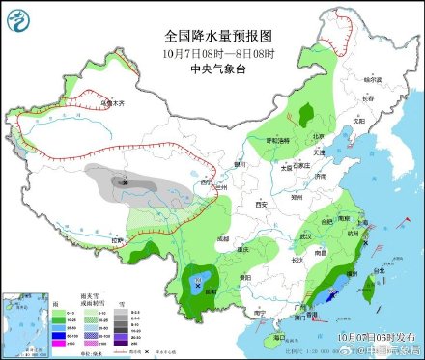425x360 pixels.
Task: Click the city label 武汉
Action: pyautogui.click(x=306, y=235)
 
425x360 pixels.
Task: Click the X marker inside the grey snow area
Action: pyautogui.click(x=124, y=180)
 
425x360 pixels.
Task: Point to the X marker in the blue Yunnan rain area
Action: pyautogui.click(x=200, y=285)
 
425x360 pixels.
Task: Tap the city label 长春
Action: pyautogui.click(x=366, y=97)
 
